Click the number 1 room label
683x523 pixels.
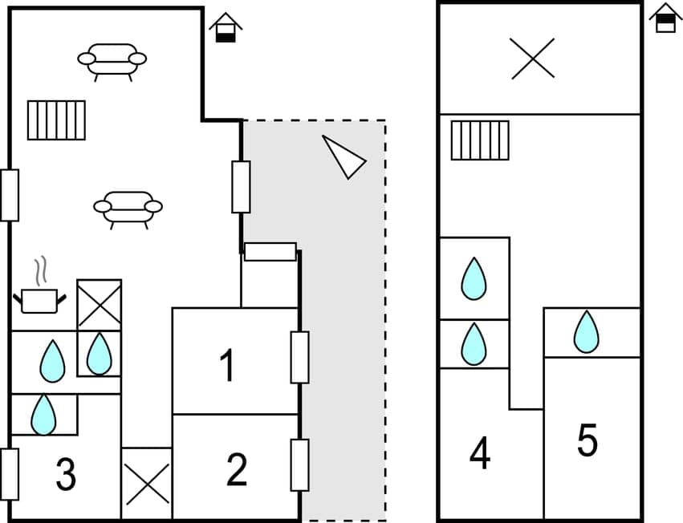coord(227,366)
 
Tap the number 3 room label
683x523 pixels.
coord(65,475)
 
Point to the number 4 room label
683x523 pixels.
coord(480,455)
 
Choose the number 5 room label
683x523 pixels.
coord(587,441)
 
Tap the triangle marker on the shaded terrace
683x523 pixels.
coord(344,156)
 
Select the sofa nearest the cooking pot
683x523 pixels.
coord(128,208)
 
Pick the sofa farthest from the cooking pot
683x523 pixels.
coord(112,60)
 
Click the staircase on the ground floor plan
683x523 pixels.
coord(56,120)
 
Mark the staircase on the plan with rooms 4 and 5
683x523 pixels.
coord(480,140)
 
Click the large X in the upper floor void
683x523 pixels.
coord(533,59)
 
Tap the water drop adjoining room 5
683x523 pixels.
coord(587,332)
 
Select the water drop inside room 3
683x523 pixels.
coord(43,414)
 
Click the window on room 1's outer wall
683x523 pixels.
coord(299,357)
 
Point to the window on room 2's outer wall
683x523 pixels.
coord(299,465)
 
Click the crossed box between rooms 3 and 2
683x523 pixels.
coord(147,484)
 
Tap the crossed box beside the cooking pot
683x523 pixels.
coord(99,305)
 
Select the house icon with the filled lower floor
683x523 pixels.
coord(226,27)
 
